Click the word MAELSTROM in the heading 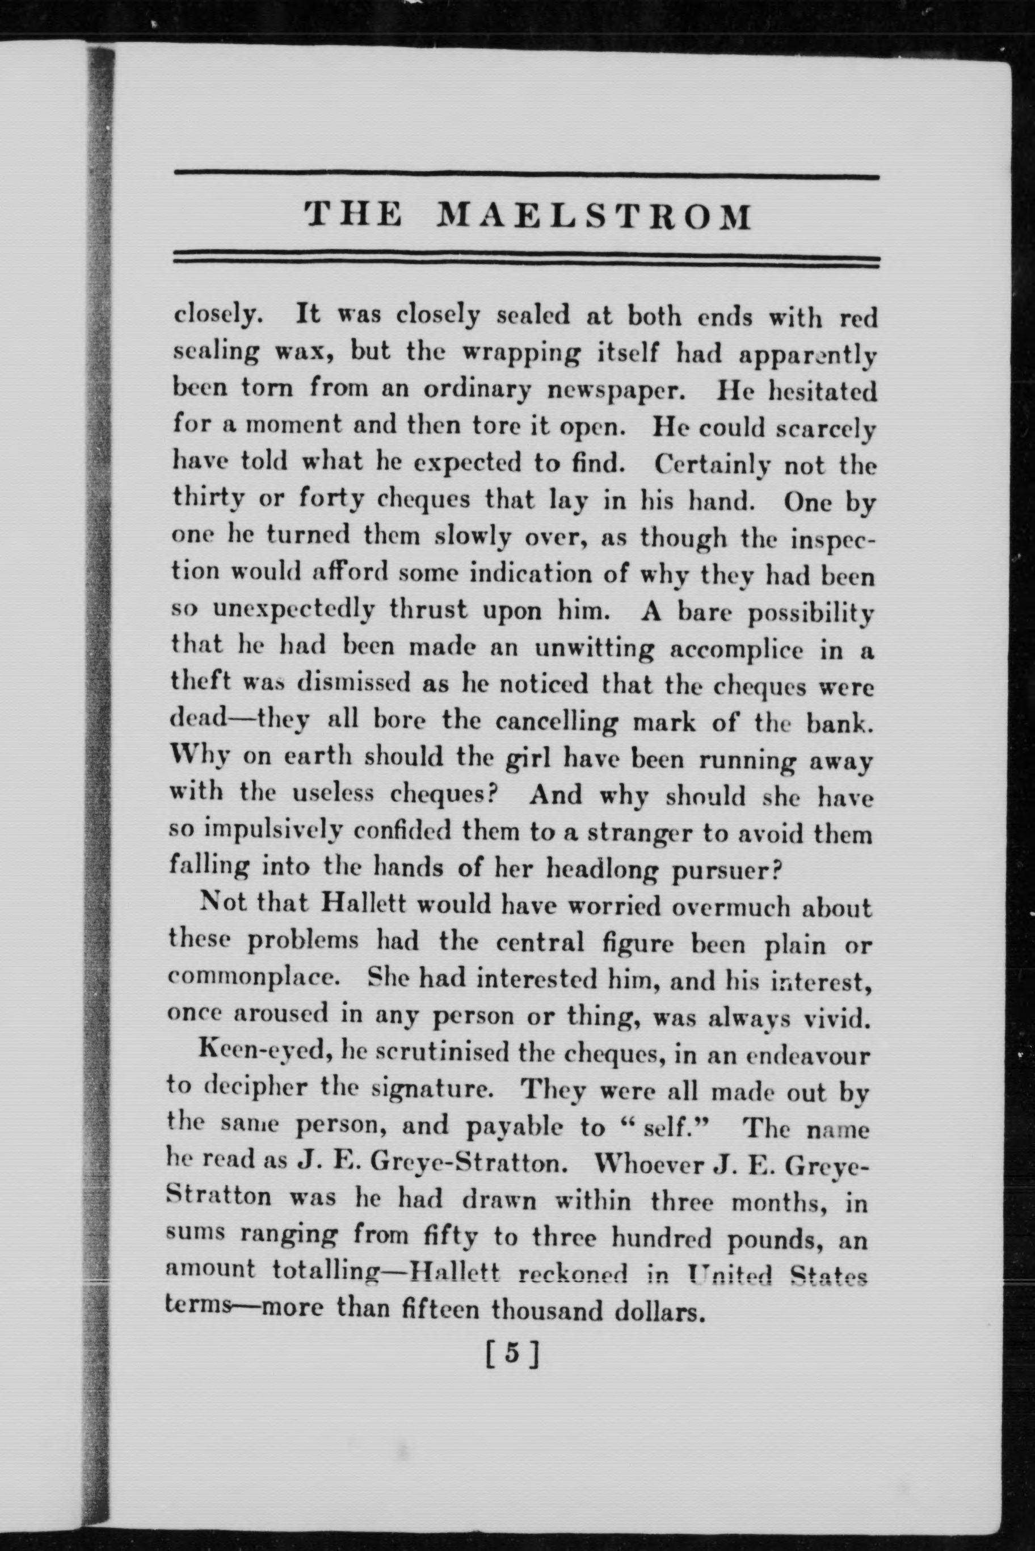[595, 216]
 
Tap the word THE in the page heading [353, 215]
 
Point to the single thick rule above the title [526, 177]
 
